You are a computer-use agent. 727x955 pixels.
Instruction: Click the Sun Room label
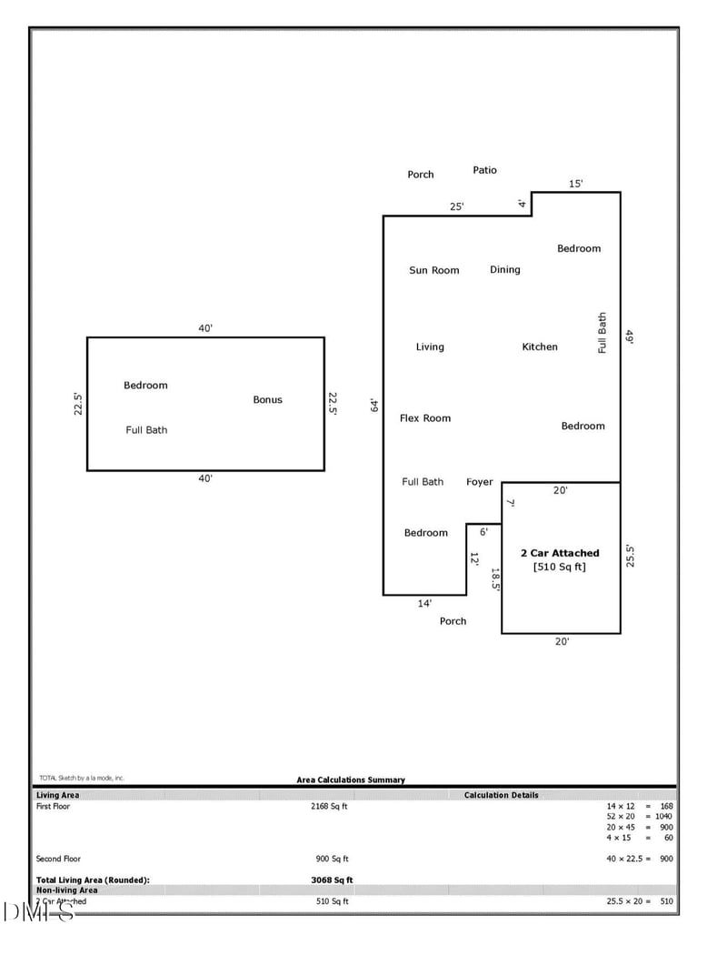[x=433, y=270]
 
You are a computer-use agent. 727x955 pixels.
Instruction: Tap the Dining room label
[x=505, y=269]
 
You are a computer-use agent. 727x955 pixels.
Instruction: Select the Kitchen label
[x=540, y=347]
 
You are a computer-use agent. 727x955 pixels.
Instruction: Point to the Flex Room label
[x=425, y=418]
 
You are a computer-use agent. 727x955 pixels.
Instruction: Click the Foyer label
[x=480, y=482]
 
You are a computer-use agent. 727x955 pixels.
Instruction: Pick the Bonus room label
[x=267, y=399]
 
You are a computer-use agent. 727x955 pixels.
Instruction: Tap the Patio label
[x=485, y=170]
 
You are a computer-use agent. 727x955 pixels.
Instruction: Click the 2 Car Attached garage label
[x=560, y=553]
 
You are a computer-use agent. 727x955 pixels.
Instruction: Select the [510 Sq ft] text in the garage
[x=560, y=567]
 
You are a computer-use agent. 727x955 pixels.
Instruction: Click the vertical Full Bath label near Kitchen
[x=602, y=333]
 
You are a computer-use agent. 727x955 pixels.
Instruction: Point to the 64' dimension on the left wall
[x=373, y=406]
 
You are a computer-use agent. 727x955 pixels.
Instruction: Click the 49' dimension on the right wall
[x=629, y=336]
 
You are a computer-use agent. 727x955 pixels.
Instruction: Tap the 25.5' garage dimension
[x=630, y=556]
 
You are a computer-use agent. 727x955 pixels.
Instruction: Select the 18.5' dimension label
[x=495, y=580]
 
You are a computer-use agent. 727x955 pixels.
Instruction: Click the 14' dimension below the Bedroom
[x=424, y=603]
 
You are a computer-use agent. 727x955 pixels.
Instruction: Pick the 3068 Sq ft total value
[x=332, y=880]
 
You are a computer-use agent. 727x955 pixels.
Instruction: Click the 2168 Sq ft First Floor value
[x=329, y=806]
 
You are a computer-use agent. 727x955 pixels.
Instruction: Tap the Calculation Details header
[x=501, y=795]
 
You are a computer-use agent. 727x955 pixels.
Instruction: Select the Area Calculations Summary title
[x=351, y=779]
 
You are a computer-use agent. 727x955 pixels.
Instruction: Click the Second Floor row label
[x=58, y=859]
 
